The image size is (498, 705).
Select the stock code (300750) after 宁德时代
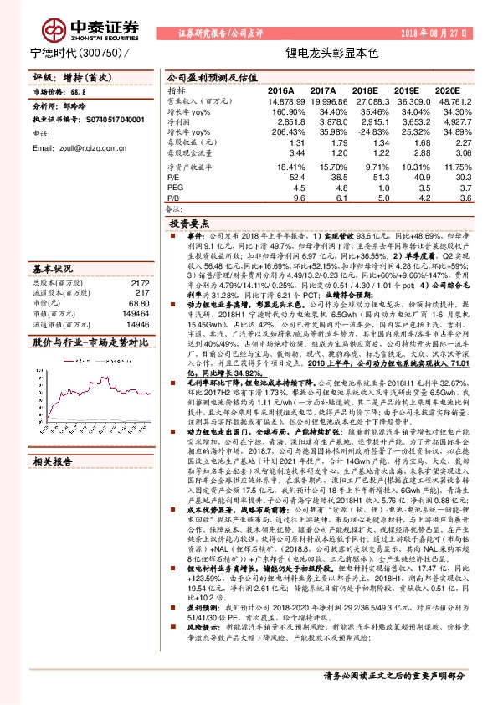coord(99,53)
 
